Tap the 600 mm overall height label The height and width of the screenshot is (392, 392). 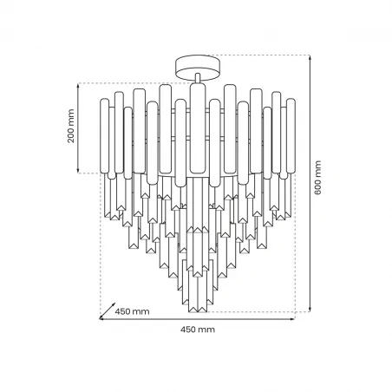[318, 178]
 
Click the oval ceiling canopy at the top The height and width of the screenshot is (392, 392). [197, 64]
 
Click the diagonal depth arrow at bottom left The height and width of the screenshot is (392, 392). [108, 310]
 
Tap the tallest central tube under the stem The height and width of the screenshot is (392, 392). [197, 130]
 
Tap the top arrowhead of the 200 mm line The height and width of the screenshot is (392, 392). [80, 85]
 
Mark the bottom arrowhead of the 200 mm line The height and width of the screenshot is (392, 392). [80, 171]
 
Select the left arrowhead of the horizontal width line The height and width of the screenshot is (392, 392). [101, 319]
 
